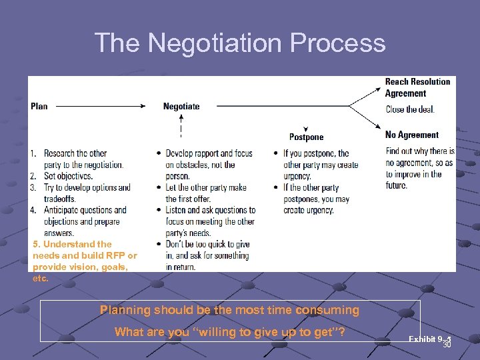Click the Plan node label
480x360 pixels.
[x=39, y=106]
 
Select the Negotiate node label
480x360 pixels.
[x=181, y=106]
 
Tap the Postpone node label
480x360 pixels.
[x=306, y=137]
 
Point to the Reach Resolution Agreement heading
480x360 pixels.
[x=417, y=87]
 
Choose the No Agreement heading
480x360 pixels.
[x=412, y=135]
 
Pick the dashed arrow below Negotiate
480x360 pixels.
[x=181, y=127]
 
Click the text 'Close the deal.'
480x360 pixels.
[x=410, y=109]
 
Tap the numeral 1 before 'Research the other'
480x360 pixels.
[x=33, y=153]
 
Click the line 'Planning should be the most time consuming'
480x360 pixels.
[x=229, y=310]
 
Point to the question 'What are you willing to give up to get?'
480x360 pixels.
[x=229, y=332]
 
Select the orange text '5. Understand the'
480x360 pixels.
[x=72, y=244]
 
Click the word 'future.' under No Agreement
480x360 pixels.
[x=396, y=185]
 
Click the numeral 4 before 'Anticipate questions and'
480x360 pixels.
[x=33, y=210]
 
